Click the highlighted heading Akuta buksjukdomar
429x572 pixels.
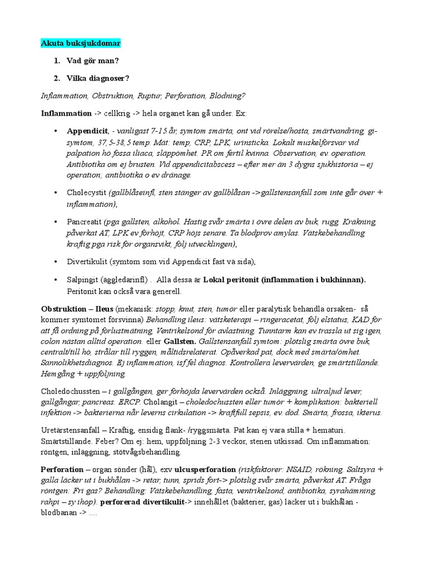pos(80,43)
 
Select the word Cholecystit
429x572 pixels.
pos(87,193)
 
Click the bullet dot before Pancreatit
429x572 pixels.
pos(55,222)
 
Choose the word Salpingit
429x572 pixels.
pos(83,279)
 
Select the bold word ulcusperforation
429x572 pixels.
pos(205,469)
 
